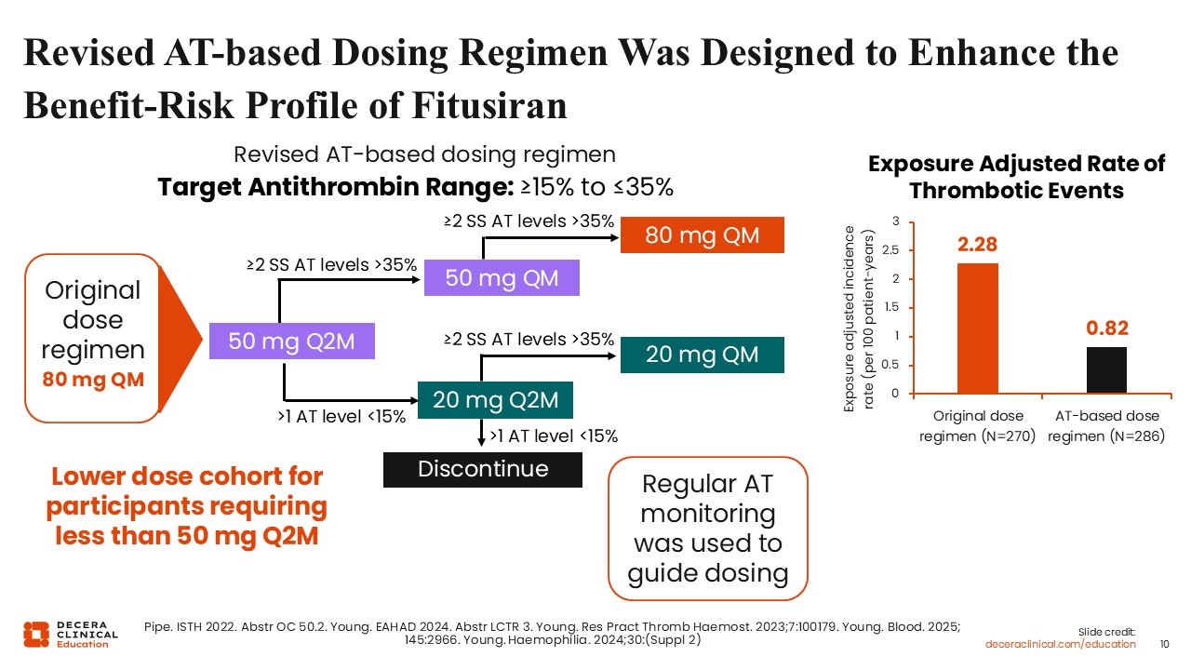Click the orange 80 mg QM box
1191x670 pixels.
pyautogui.click(x=703, y=235)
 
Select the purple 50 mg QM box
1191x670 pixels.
pyautogui.click(x=502, y=278)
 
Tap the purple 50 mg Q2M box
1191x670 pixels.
pyautogui.click(x=291, y=342)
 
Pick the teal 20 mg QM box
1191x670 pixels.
pyautogui.click(x=703, y=355)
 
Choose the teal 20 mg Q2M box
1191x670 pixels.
pyautogui.click(x=495, y=399)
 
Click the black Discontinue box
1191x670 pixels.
pyautogui.click(x=483, y=469)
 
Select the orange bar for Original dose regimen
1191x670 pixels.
pyautogui.click(x=978, y=328)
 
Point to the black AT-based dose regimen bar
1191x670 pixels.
pyautogui.click(x=1106, y=369)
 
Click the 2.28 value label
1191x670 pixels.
pyautogui.click(x=978, y=245)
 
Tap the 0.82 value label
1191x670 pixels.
pyautogui.click(x=1106, y=328)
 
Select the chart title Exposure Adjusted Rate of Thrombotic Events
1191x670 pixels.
pyautogui.click(x=1016, y=177)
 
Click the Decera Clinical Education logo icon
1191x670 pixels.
pyautogui.click(x=35, y=633)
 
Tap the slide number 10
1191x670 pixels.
pyautogui.click(x=1165, y=644)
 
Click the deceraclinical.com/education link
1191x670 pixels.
pyautogui.click(x=1061, y=644)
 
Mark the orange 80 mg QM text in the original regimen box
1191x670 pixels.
pyautogui.click(x=93, y=380)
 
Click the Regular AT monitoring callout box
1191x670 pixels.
pyautogui.click(x=707, y=528)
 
